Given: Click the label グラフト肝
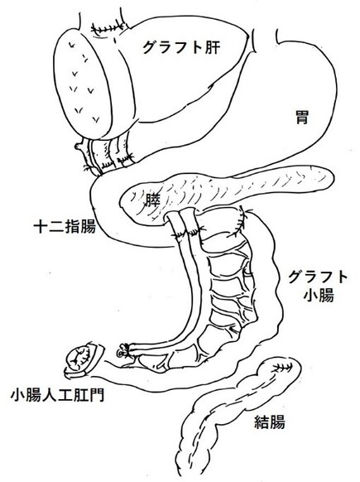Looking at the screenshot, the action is click(181, 47).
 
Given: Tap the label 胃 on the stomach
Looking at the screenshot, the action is click(302, 117).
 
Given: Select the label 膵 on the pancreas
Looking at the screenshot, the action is click(152, 200).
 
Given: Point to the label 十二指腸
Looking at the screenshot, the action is click(65, 227).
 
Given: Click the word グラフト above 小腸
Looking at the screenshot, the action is click(317, 277).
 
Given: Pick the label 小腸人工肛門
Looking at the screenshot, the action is click(57, 395).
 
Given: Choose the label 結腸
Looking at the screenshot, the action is click(270, 422).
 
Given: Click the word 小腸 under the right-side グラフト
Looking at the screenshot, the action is click(319, 296).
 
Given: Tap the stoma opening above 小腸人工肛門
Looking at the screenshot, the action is click(82, 359).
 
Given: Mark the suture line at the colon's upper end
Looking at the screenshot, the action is click(281, 367).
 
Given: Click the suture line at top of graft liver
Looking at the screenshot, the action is click(108, 27).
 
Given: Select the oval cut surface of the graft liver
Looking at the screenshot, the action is click(82, 84).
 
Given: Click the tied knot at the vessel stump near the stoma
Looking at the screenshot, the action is click(123, 349).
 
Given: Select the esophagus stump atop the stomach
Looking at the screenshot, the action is click(265, 40).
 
